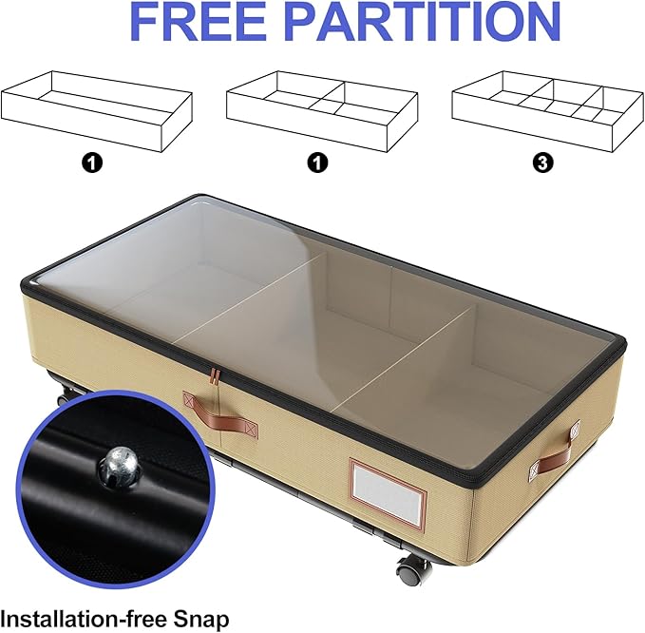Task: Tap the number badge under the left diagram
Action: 92,163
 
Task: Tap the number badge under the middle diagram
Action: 319,163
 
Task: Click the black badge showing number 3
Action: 542,163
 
